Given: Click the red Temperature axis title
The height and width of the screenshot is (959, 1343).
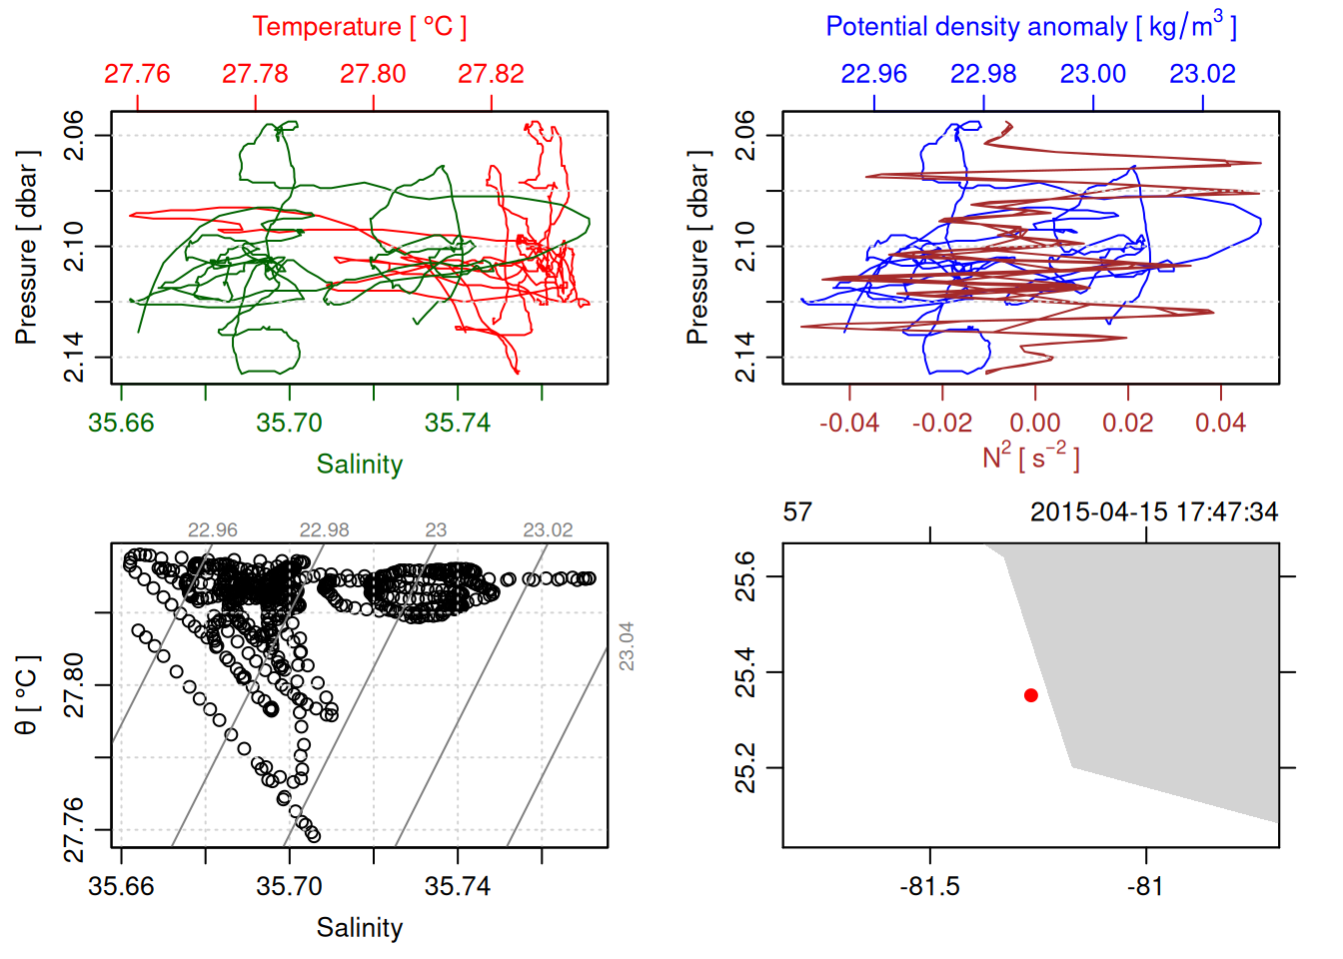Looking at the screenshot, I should (359, 27).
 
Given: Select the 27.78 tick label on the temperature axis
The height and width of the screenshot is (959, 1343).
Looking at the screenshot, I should (255, 74).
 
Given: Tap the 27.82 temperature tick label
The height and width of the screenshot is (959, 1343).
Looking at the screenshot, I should (491, 74).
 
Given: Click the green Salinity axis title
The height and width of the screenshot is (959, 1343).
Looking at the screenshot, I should (359, 465).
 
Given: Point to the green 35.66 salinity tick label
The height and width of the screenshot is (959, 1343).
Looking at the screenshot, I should (121, 424).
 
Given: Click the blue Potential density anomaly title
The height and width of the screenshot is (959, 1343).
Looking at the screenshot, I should (1030, 27).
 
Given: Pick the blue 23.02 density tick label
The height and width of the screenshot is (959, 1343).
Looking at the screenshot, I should (1202, 74).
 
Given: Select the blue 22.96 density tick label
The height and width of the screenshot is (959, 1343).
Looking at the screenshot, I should (873, 74).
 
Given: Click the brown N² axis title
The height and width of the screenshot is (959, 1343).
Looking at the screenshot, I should (1030, 457).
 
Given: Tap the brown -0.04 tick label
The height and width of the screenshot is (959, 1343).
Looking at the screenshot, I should (849, 424).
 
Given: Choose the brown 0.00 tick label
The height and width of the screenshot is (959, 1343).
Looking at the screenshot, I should (1034, 424).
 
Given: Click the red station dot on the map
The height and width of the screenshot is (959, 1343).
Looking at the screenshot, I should (1030, 695).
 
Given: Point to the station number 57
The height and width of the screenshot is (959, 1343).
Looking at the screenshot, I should (797, 512).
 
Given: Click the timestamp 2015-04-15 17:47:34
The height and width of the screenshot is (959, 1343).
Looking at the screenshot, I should (1153, 512).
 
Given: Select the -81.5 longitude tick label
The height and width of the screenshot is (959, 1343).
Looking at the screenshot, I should (929, 887).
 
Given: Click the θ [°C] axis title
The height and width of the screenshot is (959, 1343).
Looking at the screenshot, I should (27, 695).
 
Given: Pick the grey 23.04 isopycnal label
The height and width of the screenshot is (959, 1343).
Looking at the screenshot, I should (627, 646).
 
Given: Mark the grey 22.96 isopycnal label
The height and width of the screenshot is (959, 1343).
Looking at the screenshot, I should (213, 530).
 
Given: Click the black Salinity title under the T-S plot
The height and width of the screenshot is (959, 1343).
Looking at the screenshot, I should (359, 928).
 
